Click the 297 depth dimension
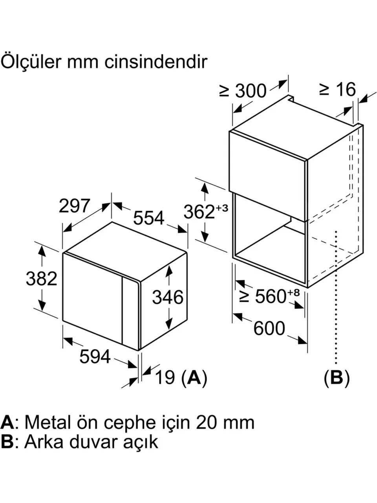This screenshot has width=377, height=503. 75,206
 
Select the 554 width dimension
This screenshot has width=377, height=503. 148,218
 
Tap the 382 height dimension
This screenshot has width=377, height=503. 41,279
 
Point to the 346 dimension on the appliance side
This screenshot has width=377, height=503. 168,297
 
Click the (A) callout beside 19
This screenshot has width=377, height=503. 194,378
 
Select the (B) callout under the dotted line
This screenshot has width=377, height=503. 336,378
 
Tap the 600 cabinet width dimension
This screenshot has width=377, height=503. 269,328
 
